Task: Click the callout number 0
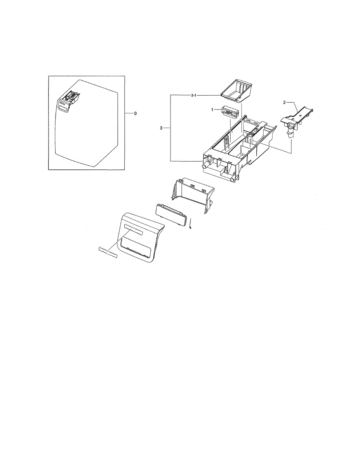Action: coord(135,113)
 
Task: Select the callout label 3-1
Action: coord(194,96)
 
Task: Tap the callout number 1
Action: coord(212,110)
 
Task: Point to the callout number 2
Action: coord(284,103)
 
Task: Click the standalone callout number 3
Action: coord(161,128)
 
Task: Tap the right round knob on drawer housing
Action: coord(232,179)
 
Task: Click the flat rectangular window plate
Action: coord(171,214)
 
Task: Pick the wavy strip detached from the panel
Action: coord(108,252)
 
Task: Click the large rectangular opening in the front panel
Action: coord(137,247)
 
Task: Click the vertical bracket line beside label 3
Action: coord(170,128)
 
